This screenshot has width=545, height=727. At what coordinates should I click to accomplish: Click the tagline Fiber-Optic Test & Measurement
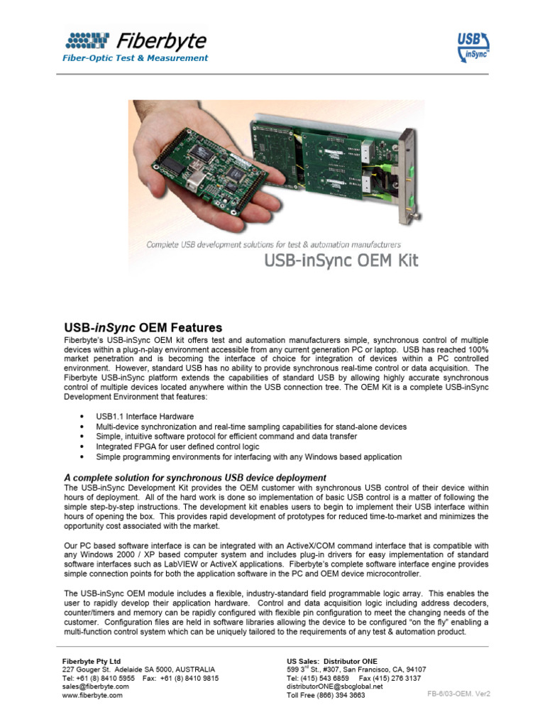(136, 58)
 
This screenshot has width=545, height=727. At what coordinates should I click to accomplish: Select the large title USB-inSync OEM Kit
(341, 261)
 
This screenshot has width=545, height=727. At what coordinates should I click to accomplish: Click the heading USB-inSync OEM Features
(143, 328)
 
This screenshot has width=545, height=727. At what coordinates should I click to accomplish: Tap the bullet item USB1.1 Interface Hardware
(145, 416)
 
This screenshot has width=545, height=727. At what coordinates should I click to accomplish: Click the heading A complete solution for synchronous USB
(195, 478)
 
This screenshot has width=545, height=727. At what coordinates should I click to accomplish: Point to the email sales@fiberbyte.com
(96, 687)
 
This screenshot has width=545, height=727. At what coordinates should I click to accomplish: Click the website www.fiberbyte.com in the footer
(92, 696)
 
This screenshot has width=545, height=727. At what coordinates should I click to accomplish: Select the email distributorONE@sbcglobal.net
(334, 687)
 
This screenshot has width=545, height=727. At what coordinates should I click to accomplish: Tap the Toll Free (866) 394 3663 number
(326, 696)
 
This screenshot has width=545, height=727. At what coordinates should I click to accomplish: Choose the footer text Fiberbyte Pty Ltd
(92, 661)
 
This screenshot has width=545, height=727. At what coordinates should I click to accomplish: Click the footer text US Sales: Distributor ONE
(332, 661)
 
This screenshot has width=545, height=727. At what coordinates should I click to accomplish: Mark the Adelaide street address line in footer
(138, 669)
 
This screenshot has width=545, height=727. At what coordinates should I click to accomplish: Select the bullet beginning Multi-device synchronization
(251, 427)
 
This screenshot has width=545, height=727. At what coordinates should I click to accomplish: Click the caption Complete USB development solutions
(273, 244)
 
